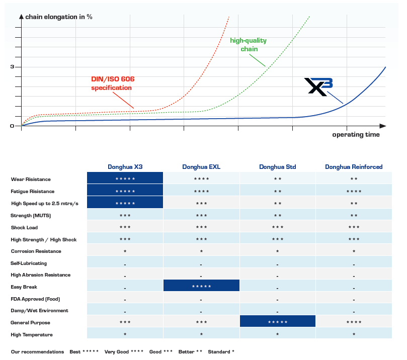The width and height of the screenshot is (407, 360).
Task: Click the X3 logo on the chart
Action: (x=318, y=86)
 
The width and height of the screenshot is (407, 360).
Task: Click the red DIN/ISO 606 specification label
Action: (x=112, y=83)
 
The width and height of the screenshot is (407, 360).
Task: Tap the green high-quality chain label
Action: (x=248, y=45)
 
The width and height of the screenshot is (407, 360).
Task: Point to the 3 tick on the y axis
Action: (x=12, y=67)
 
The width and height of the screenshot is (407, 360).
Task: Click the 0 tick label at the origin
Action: (x=12, y=126)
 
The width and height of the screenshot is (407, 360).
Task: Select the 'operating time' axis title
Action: (x=356, y=135)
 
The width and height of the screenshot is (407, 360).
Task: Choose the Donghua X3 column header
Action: (x=125, y=167)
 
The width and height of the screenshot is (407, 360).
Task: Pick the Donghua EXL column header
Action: (x=201, y=167)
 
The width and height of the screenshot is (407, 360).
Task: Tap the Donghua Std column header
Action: (x=277, y=167)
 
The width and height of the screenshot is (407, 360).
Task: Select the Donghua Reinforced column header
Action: (x=354, y=167)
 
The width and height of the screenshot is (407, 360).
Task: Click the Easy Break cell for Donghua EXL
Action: (x=201, y=287)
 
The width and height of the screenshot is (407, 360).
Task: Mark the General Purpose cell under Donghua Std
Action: (x=277, y=322)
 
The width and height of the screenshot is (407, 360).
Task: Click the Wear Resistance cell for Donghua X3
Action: (x=125, y=179)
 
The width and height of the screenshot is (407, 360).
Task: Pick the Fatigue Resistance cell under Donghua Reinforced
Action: (x=354, y=191)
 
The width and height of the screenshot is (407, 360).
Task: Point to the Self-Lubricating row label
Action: (x=29, y=263)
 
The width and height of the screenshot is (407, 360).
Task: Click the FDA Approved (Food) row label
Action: (x=35, y=299)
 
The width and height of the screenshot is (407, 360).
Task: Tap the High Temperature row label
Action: (x=31, y=334)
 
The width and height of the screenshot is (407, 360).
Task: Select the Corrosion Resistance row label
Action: (x=36, y=251)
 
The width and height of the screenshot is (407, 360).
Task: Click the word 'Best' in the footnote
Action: (x=75, y=351)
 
